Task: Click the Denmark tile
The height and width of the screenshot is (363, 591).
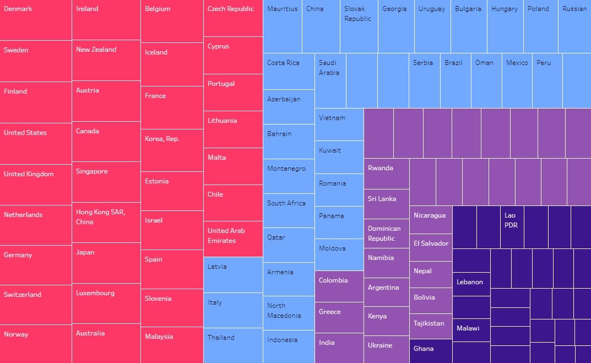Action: pyautogui.click(x=36, y=20)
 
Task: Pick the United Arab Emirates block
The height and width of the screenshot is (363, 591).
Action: pyautogui.click(x=233, y=239)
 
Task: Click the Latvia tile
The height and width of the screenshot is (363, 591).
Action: pyautogui.click(x=233, y=274)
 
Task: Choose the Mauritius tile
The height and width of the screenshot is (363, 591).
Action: pyautogui.click(x=283, y=26)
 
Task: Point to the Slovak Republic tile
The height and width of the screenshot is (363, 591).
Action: pyautogui.click(x=359, y=26)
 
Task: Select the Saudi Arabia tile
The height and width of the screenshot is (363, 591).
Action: pyautogui.click(x=330, y=80)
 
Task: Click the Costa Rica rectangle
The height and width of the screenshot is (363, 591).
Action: pyautogui.click(x=289, y=71)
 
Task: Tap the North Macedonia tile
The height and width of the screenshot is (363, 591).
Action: pyautogui.click(x=289, y=313)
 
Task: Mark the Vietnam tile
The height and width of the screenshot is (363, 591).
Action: pyautogui.click(x=339, y=124)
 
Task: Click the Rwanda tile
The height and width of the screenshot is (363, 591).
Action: pyautogui.click(x=387, y=174)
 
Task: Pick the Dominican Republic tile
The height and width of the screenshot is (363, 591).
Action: pyautogui.click(x=387, y=234)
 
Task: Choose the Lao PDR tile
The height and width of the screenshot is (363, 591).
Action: pyautogui.click(x=512, y=227)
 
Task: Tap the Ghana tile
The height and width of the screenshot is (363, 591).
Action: pyautogui.click(x=431, y=351)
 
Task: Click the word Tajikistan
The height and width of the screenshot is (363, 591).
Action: pyautogui.click(x=429, y=323)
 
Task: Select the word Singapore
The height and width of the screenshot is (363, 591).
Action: pyautogui.click(x=92, y=171)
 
